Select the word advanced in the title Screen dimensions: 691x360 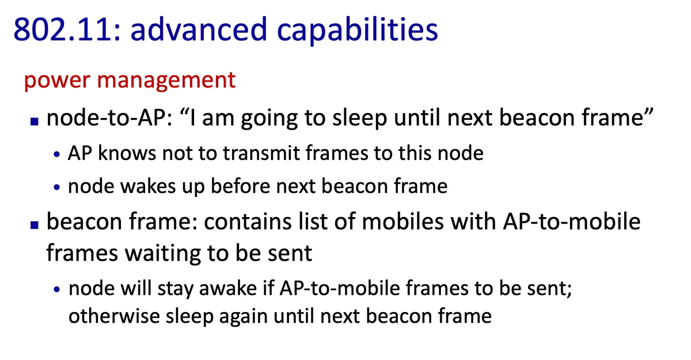199,29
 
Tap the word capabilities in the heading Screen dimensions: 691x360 357,31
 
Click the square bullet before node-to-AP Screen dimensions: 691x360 34,121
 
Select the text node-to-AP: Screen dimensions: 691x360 109,118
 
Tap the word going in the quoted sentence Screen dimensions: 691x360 269,120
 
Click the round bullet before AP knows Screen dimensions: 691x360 56,154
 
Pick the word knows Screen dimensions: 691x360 127,153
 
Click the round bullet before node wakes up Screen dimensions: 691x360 56,187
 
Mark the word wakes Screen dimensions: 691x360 148,186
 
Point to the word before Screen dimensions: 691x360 240,186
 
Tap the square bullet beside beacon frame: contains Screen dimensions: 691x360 34,225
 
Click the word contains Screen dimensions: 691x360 248,222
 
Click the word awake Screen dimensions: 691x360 228,289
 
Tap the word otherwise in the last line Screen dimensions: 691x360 114,316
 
